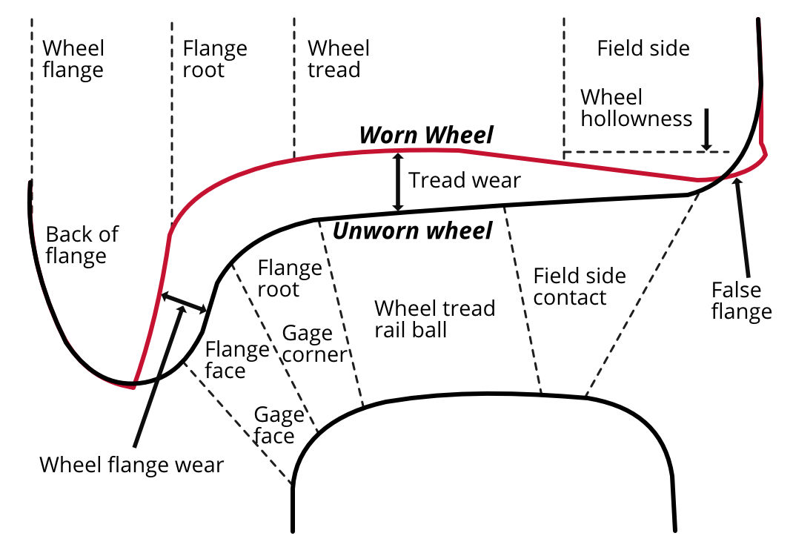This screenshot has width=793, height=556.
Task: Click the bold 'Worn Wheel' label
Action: coord(426,136)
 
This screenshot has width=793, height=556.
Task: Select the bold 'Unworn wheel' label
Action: coord(412,231)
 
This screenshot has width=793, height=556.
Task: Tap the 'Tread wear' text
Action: coord(465,180)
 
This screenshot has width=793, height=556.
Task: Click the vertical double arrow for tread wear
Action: coord(398,182)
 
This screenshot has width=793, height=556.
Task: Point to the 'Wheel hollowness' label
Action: coord(636,108)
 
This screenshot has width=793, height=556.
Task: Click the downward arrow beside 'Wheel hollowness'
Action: coord(708,130)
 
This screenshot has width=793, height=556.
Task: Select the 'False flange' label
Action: coord(741,300)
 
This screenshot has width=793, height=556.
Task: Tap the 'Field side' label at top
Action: coord(643,49)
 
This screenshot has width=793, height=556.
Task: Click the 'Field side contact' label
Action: coord(580,287)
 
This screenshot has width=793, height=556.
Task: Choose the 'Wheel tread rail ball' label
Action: coord(434,318)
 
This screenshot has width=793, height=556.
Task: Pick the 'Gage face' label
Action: coord(279,426)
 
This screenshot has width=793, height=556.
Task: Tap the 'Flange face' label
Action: coord(237,360)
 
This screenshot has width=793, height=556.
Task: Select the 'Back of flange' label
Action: coord(82,245)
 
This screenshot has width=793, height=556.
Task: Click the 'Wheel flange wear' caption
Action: coord(131,465)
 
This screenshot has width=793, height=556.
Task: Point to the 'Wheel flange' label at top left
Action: coord(73,59)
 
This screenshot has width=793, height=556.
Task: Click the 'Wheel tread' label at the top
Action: coord(339,59)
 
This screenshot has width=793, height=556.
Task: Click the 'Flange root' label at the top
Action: coord(213,59)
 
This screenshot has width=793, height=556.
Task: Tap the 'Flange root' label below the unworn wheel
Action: coord(289,278)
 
